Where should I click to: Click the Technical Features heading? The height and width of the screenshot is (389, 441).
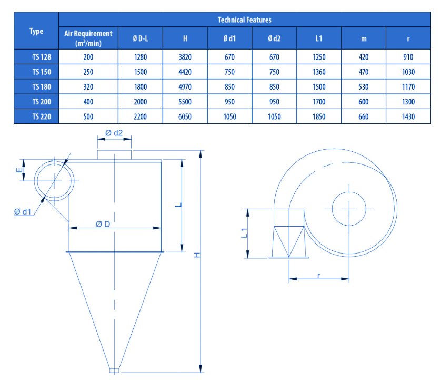point(244,20)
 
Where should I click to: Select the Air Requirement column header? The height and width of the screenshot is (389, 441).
point(88,38)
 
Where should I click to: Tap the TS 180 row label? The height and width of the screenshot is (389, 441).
point(42,87)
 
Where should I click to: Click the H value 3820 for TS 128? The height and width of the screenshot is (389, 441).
point(185,57)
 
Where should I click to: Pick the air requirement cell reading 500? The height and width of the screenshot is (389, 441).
point(88,116)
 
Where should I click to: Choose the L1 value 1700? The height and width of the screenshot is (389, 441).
point(319,102)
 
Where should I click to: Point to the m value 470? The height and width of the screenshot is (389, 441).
point(363,72)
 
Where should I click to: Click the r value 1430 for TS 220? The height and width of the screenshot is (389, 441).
point(408,116)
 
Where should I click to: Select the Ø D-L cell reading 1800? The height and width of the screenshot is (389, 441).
point(141,87)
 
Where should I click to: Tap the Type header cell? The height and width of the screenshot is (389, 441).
point(36,31)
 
